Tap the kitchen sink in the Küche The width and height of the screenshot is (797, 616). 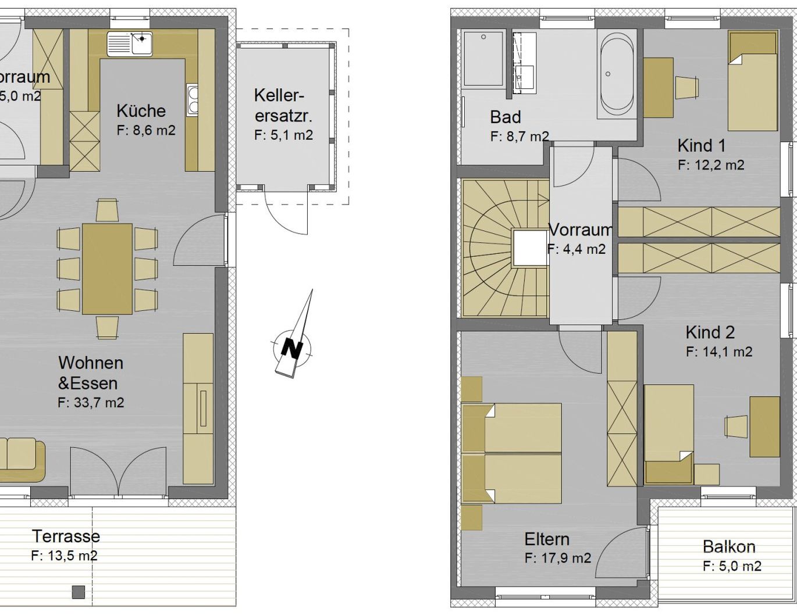130,44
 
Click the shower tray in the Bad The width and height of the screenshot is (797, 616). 483,59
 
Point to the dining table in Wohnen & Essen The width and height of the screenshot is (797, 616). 107,268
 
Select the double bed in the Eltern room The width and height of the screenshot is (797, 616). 512,453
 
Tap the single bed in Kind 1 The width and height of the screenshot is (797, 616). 753,81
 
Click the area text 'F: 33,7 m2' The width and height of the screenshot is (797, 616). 91,403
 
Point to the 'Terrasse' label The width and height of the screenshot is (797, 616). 66,536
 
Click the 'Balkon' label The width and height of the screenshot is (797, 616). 729,547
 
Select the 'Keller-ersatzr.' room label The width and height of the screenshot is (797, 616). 283,105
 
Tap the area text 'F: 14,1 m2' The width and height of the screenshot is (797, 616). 719,352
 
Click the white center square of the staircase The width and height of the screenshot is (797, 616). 530,248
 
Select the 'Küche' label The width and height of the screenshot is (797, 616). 141,111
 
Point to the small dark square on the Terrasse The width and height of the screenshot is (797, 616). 79,592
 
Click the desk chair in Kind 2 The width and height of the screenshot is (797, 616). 736,427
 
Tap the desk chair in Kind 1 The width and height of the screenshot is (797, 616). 687,87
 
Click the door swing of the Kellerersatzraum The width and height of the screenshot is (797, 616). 285,214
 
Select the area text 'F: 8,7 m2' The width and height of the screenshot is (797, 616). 520,137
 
